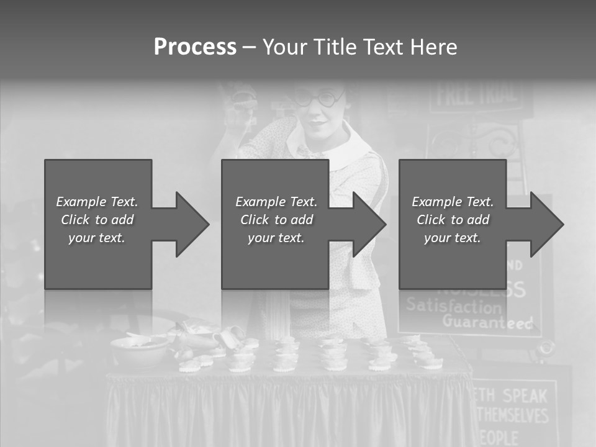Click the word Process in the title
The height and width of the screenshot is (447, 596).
click(x=195, y=47)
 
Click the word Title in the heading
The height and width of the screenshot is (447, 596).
click(x=328, y=47)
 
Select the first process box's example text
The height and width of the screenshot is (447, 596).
click(x=97, y=220)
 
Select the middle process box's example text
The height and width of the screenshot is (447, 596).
click(x=276, y=220)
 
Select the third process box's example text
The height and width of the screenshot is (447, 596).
click(x=453, y=220)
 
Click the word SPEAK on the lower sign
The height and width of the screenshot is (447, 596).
click(x=524, y=395)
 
